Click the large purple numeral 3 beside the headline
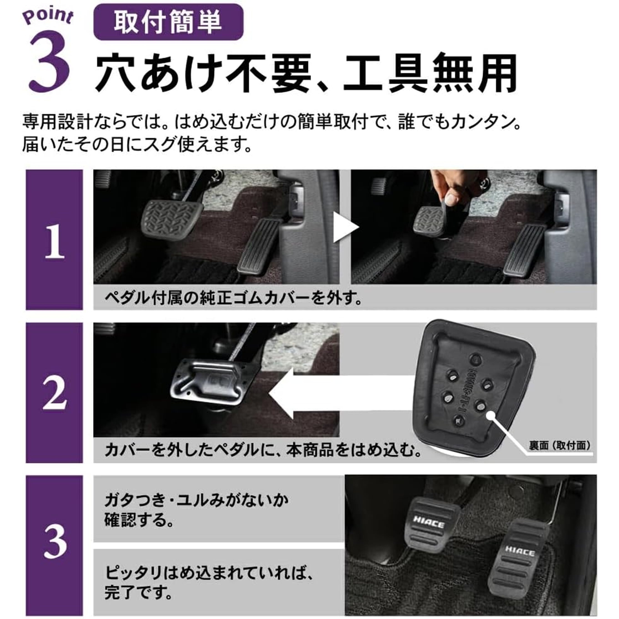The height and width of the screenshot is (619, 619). [x=50, y=61]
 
